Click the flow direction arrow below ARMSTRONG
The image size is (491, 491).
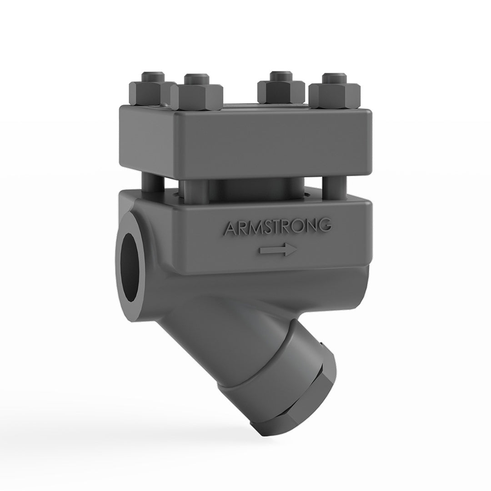pyautogui.click(x=278, y=250)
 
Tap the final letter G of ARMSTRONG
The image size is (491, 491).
pyautogui.click(x=324, y=225)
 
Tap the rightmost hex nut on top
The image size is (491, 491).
pyautogui.click(x=335, y=96)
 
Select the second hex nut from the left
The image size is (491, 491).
pyautogui.click(x=197, y=96)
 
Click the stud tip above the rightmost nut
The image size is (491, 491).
pyautogui.click(x=335, y=78)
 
